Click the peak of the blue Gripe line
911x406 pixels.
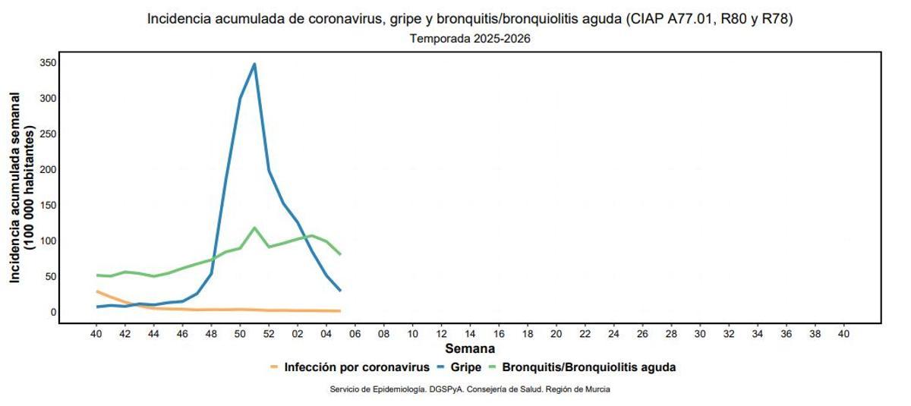click(x=254, y=64)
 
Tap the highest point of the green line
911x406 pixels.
click(x=254, y=228)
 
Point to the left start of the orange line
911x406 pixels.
click(x=96, y=291)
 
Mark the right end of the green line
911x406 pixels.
click(x=340, y=254)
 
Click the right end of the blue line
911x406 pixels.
click(x=340, y=291)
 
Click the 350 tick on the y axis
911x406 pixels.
click(x=48, y=62)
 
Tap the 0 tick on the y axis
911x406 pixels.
click(x=53, y=312)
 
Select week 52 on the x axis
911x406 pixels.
click(x=269, y=334)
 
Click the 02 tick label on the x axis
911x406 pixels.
click(x=298, y=334)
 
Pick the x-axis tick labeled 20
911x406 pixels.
click(x=556, y=334)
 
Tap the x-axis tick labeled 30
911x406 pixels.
click(x=699, y=334)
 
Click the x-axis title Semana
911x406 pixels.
click(x=470, y=349)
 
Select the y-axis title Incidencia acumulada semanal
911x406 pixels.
click(x=15, y=187)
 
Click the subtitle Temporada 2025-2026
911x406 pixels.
click(x=470, y=39)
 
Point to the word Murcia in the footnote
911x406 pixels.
click(x=597, y=389)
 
